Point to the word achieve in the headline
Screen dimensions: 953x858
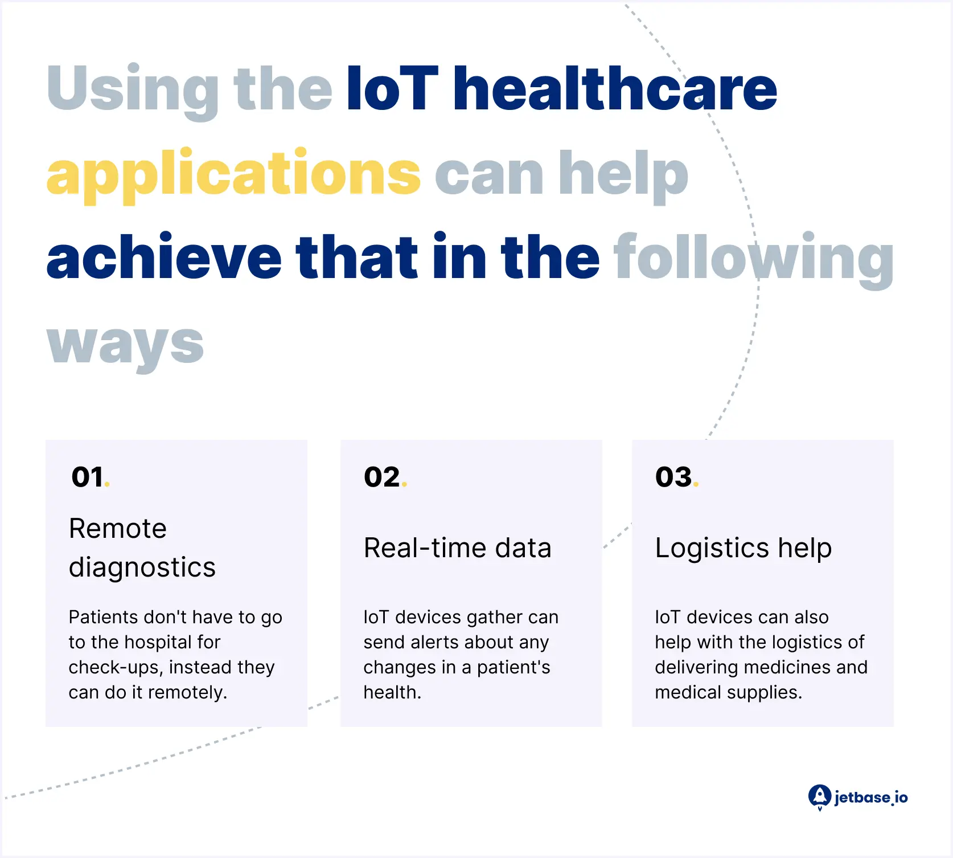tap(164, 256)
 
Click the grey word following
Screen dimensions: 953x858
tap(754, 259)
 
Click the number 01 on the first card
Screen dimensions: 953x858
tap(87, 477)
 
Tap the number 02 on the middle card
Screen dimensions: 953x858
tap(382, 477)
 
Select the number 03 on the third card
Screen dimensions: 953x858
tap(673, 477)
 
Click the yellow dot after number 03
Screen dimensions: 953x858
tap(696, 484)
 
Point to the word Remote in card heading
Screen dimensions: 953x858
tap(118, 528)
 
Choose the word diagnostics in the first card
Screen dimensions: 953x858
tap(142, 568)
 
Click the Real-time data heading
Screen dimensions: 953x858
tap(458, 548)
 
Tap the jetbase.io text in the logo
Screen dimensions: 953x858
tap(871, 797)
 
